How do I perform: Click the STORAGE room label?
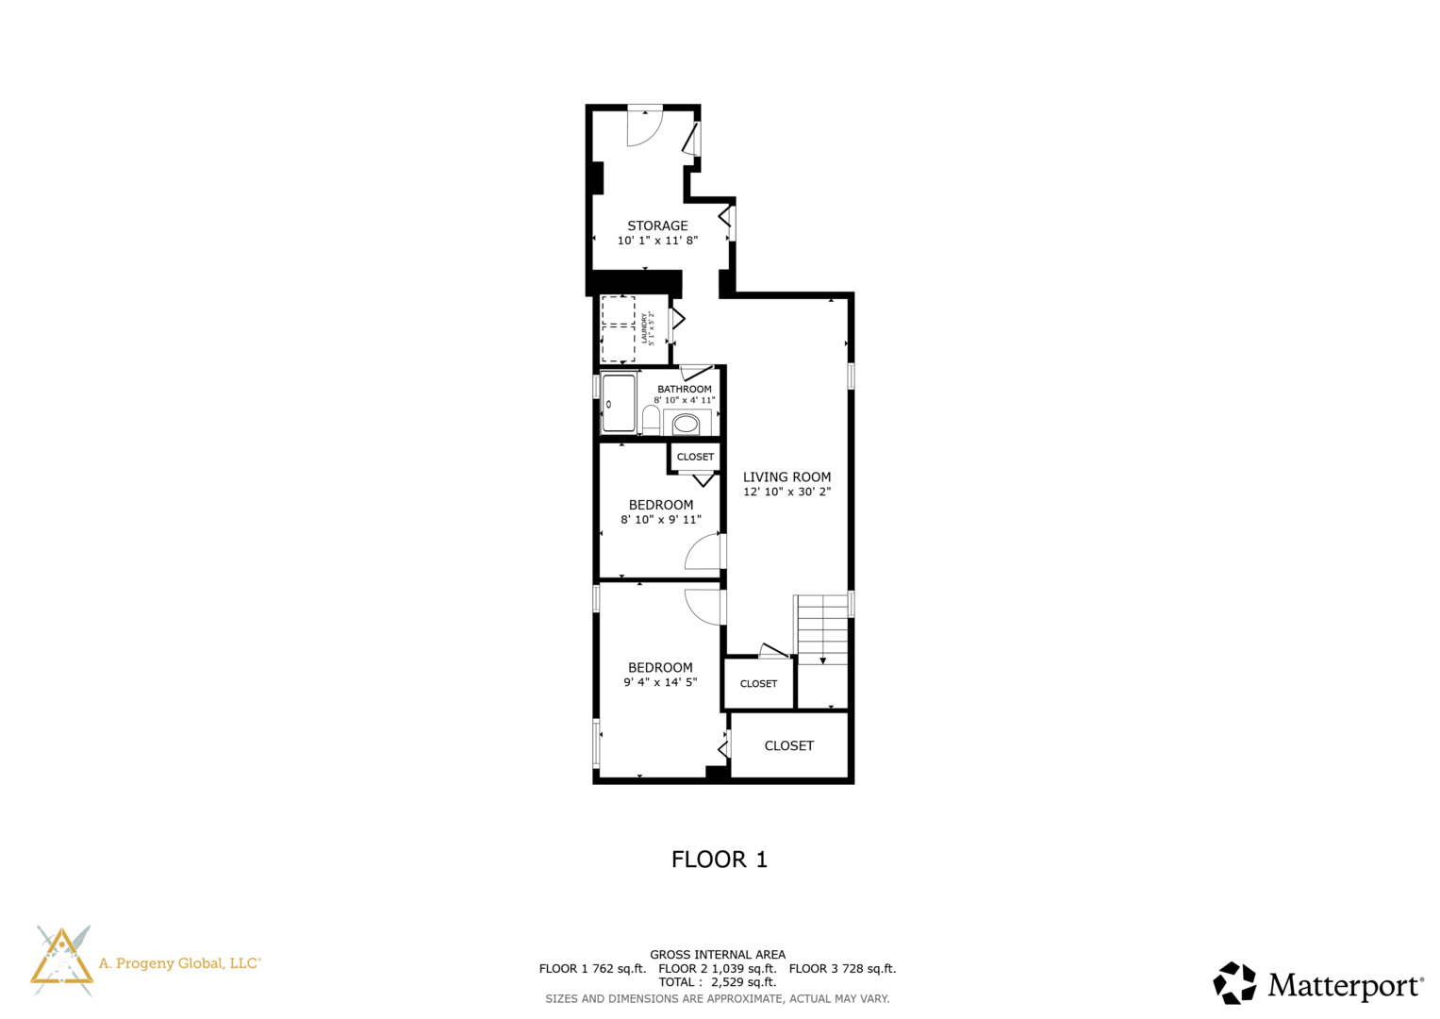tap(657, 226)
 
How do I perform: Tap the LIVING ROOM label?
tap(786, 476)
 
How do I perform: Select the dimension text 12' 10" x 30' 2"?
tap(786, 492)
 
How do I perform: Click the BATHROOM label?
tap(684, 389)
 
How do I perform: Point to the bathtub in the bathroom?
tap(619, 404)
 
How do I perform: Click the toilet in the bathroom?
tap(651, 419)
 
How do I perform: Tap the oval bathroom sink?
tap(686, 424)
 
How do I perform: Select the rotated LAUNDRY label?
tap(645, 328)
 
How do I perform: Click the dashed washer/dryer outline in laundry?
tap(619, 328)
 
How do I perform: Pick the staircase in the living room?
tap(822, 628)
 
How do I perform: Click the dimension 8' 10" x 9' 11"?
tap(660, 520)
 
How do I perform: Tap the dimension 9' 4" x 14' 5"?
tap(660, 682)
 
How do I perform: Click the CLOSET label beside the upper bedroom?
tap(695, 457)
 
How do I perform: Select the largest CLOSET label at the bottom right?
tap(788, 745)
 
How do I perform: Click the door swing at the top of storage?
tap(646, 127)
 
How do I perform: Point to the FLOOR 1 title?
tap(719, 860)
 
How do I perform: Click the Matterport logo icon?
tap(1234, 983)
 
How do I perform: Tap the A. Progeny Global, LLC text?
tap(179, 963)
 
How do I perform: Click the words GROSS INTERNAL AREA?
tap(717, 955)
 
